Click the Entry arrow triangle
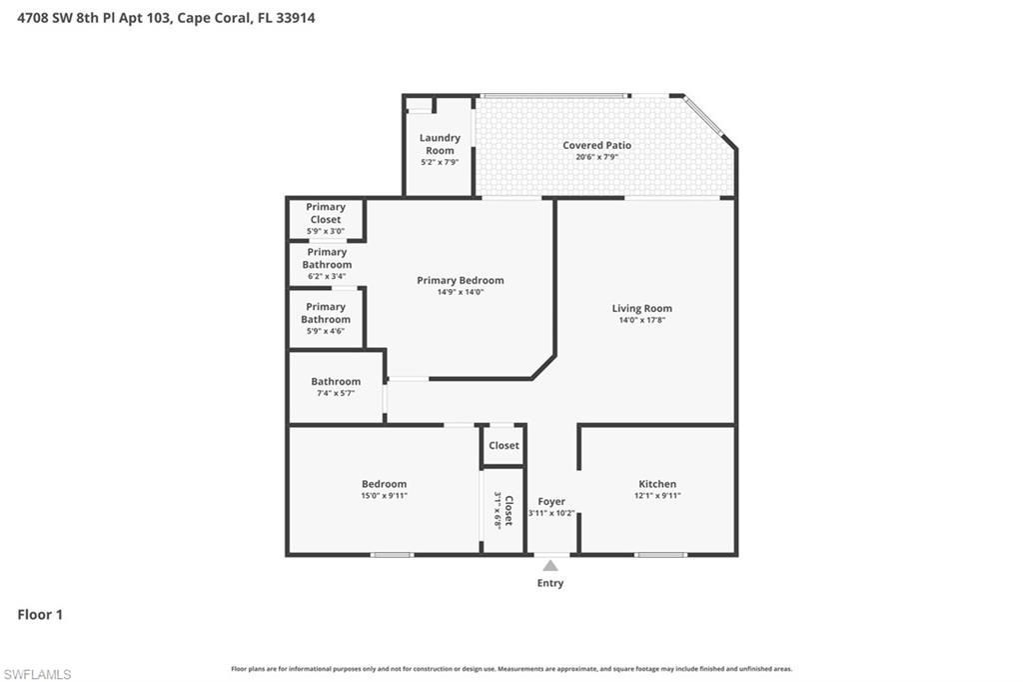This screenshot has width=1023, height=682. tap(550, 565)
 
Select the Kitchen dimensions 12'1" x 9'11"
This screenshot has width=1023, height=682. tap(656, 496)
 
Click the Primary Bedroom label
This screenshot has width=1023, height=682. tap(460, 280)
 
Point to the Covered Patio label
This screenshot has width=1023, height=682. tap(596, 145)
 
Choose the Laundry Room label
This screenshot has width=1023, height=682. tap(440, 144)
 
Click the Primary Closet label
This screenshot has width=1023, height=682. tap(326, 213)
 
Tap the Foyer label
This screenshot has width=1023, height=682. tap(551, 501)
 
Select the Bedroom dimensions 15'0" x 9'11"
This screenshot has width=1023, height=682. tap(384, 496)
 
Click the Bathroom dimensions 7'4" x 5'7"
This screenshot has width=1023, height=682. tap(336, 393)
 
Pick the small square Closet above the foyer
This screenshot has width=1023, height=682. tap(504, 445)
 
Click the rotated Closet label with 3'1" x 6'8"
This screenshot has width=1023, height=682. tap(504, 510)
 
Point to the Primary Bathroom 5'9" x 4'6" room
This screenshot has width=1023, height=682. tap(326, 318)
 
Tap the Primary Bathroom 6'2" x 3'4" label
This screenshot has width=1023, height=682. tap(327, 264)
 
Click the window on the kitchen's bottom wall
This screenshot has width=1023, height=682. tap(660, 554)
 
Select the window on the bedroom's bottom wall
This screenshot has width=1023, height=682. tap(392, 554)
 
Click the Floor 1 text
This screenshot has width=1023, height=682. tap(40, 615)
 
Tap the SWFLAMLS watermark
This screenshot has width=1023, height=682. tap(37, 674)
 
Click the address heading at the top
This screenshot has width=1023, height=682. tap(166, 18)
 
